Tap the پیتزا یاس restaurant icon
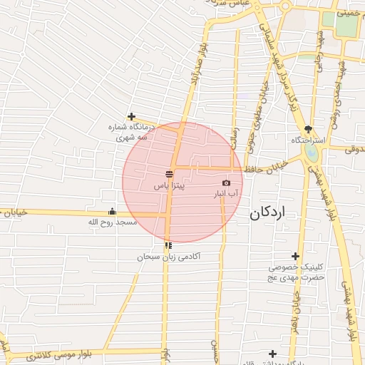point(170,173)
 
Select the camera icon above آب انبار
point(227,182)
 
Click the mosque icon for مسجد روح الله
point(112,211)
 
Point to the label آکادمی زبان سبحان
point(169,255)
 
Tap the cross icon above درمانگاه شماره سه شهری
point(131,116)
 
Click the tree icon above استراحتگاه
point(308,129)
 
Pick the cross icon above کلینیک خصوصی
point(295,256)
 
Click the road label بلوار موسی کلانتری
point(58,354)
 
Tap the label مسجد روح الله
point(112,222)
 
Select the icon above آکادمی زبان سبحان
point(168,245)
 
